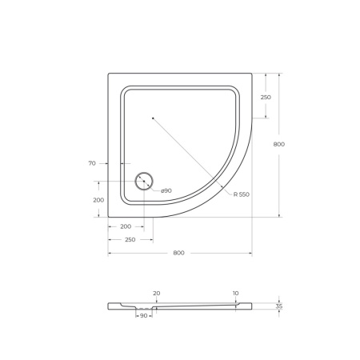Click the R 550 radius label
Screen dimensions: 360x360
coord(242,194)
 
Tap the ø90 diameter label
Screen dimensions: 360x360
coord(166,190)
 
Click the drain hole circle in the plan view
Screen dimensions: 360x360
coord(144,181)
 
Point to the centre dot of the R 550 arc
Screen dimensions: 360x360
coord(153,118)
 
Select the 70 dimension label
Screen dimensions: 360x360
coord(92,163)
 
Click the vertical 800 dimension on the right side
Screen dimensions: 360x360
coord(278,144)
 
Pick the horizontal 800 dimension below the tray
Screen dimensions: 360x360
coord(178,253)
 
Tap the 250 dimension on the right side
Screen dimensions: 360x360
coord(266,98)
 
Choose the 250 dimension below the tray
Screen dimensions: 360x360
coord(130,239)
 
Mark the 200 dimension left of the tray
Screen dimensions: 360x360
coord(98,200)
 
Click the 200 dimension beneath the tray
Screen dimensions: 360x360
coord(126,226)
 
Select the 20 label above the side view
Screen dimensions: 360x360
coord(156,293)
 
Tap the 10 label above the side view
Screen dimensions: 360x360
coord(235,293)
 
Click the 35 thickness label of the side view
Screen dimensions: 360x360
coord(278,306)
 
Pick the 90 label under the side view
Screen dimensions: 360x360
coord(144,316)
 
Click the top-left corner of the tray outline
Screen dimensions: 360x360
coord(109,74)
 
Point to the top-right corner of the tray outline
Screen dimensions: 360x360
coord(251,74)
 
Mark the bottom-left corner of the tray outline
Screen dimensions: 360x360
coord(109,217)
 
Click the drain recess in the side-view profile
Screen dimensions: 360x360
coord(144,308)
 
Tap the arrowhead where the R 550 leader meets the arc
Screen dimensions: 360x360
coord(226,190)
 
